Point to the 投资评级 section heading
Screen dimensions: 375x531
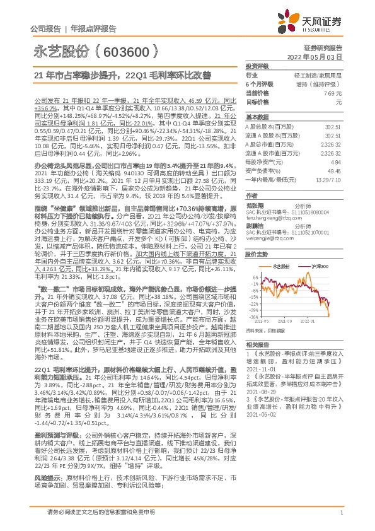tap(257, 66)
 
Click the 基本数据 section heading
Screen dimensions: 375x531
tap(257, 117)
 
